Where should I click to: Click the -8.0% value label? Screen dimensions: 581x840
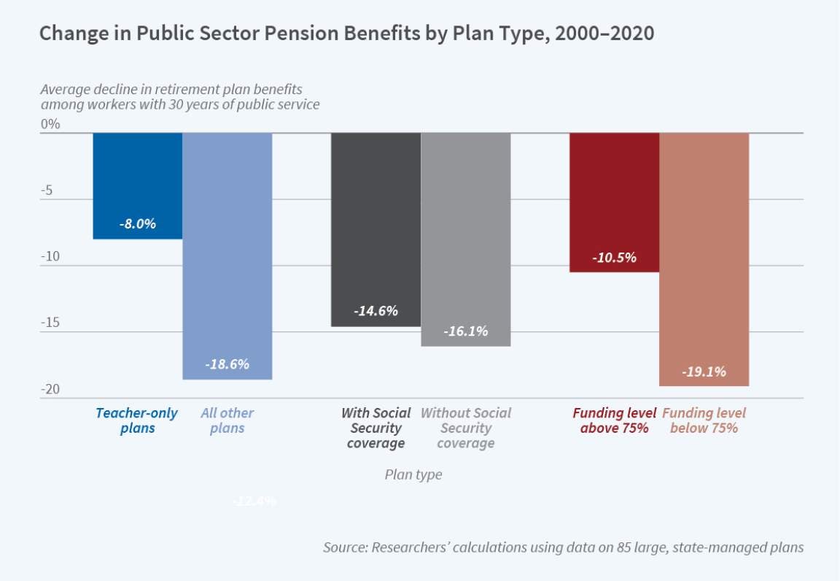[x=138, y=224]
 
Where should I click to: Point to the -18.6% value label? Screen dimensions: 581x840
[x=227, y=363]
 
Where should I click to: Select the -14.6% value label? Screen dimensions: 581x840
[x=376, y=311]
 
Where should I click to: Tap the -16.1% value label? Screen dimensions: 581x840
[x=466, y=331]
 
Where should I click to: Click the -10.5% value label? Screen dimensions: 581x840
[x=614, y=257]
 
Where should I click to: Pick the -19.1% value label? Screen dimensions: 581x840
[x=704, y=372]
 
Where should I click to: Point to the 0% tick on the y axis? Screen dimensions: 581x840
[x=50, y=124]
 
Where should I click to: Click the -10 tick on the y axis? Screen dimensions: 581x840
[x=50, y=257]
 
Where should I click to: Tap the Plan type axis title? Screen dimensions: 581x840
[x=413, y=474]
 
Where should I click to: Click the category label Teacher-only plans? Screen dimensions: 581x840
[x=136, y=420]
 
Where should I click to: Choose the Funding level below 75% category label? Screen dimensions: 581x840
[x=704, y=420]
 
